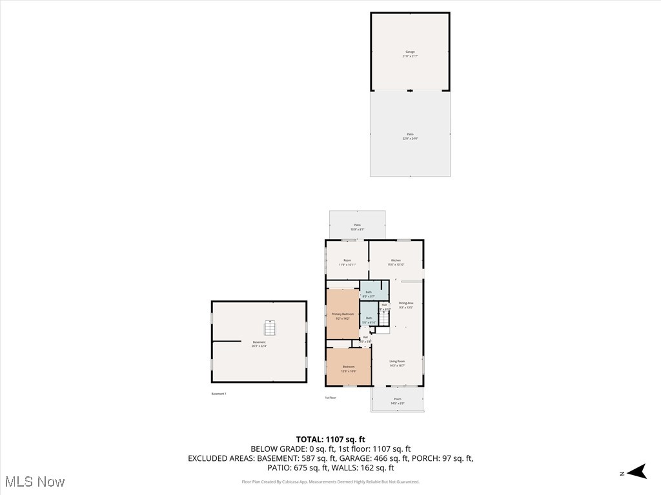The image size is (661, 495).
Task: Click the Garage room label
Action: (410, 53)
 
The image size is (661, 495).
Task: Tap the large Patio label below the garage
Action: (410, 136)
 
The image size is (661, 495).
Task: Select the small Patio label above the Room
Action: (357, 227)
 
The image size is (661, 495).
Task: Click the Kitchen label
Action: (396, 262)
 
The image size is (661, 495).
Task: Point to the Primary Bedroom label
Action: (343, 316)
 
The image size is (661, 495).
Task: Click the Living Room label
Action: (397, 363)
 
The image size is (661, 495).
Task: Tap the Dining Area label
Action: (405, 305)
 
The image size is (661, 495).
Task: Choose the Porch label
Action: (398, 400)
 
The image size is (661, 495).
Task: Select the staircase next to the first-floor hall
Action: (385, 318)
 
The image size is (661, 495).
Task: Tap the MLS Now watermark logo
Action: (35, 481)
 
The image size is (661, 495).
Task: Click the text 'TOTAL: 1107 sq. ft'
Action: (330, 440)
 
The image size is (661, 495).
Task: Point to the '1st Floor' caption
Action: (330, 398)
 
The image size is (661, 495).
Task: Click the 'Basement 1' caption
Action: (219, 394)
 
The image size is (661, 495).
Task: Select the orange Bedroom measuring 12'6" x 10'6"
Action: (349, 368)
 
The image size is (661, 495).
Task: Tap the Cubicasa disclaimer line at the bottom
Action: (330, 481)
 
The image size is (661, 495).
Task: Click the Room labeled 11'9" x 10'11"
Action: (347, 262)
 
